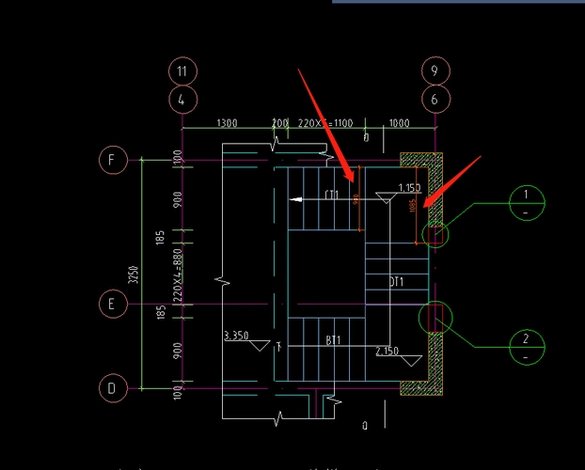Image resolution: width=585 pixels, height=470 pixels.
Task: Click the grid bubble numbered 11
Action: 182,70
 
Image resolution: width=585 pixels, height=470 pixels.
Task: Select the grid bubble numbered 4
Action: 182,98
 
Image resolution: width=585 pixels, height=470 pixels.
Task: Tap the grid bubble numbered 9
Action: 435,70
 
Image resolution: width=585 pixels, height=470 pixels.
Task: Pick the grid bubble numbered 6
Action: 435,98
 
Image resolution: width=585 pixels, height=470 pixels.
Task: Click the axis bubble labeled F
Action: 112,160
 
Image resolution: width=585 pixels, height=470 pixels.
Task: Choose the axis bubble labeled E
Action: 112,304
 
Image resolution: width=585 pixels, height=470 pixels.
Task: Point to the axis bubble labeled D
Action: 112,386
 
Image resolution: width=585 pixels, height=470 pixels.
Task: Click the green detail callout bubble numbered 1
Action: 527,201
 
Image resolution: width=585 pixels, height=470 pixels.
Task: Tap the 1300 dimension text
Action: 227,123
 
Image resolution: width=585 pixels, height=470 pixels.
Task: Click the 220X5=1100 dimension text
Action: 324,123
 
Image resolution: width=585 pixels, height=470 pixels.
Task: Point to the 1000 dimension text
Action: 399,123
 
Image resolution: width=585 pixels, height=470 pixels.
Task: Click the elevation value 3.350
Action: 236,335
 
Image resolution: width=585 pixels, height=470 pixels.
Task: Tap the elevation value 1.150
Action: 409,188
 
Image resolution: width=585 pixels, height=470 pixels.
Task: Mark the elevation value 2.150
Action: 387,351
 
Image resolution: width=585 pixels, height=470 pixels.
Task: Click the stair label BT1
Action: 333,339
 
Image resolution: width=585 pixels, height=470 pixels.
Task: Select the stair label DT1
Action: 396,282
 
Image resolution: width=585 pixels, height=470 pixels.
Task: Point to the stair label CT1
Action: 332,196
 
